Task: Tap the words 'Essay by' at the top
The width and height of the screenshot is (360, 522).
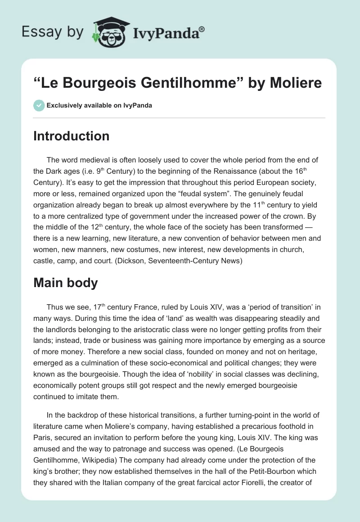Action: click(53, 31)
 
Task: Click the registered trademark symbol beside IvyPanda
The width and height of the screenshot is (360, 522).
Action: click(202, 29)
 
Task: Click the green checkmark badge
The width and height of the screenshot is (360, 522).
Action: click(39, 105)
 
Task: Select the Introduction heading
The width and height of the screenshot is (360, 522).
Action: click(71, 136)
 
